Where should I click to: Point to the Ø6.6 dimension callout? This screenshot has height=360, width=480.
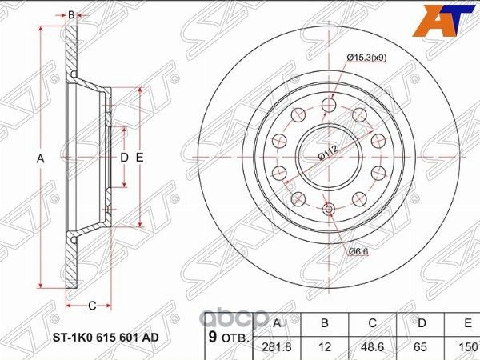pos(358,251)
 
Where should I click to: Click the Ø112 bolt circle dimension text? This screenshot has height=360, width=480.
pos(326,153)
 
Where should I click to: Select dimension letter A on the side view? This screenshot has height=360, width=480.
pos(41,159)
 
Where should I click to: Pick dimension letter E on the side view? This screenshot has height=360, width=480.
pos(140,158)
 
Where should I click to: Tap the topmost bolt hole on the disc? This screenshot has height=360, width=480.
pos(328,107)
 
